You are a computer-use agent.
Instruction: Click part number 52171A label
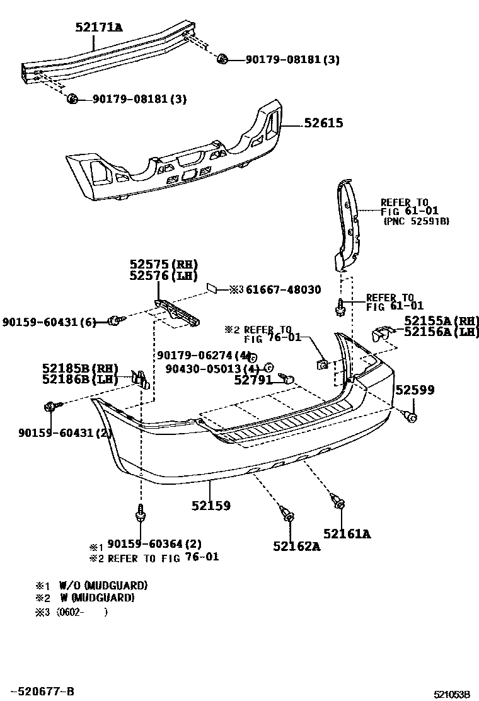click(x=99, y=27)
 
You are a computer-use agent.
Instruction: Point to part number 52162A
click(x=296, y=546)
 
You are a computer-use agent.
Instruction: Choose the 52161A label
click(x=347, y=535)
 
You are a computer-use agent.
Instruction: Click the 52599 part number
click(x=414, y=390)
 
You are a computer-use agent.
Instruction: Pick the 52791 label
click(x=252, y=380)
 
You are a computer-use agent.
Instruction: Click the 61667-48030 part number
click(x=283, y=289)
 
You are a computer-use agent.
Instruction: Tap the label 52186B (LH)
click(x=80, y=379)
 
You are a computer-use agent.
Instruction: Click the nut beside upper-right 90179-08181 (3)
click(x=222, y=60)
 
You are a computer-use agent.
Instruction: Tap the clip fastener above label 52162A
click(x=289, y=516)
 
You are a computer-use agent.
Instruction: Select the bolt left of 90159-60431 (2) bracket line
click(x=50, y=407)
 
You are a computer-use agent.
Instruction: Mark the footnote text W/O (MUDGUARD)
click(x=103, y=585)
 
